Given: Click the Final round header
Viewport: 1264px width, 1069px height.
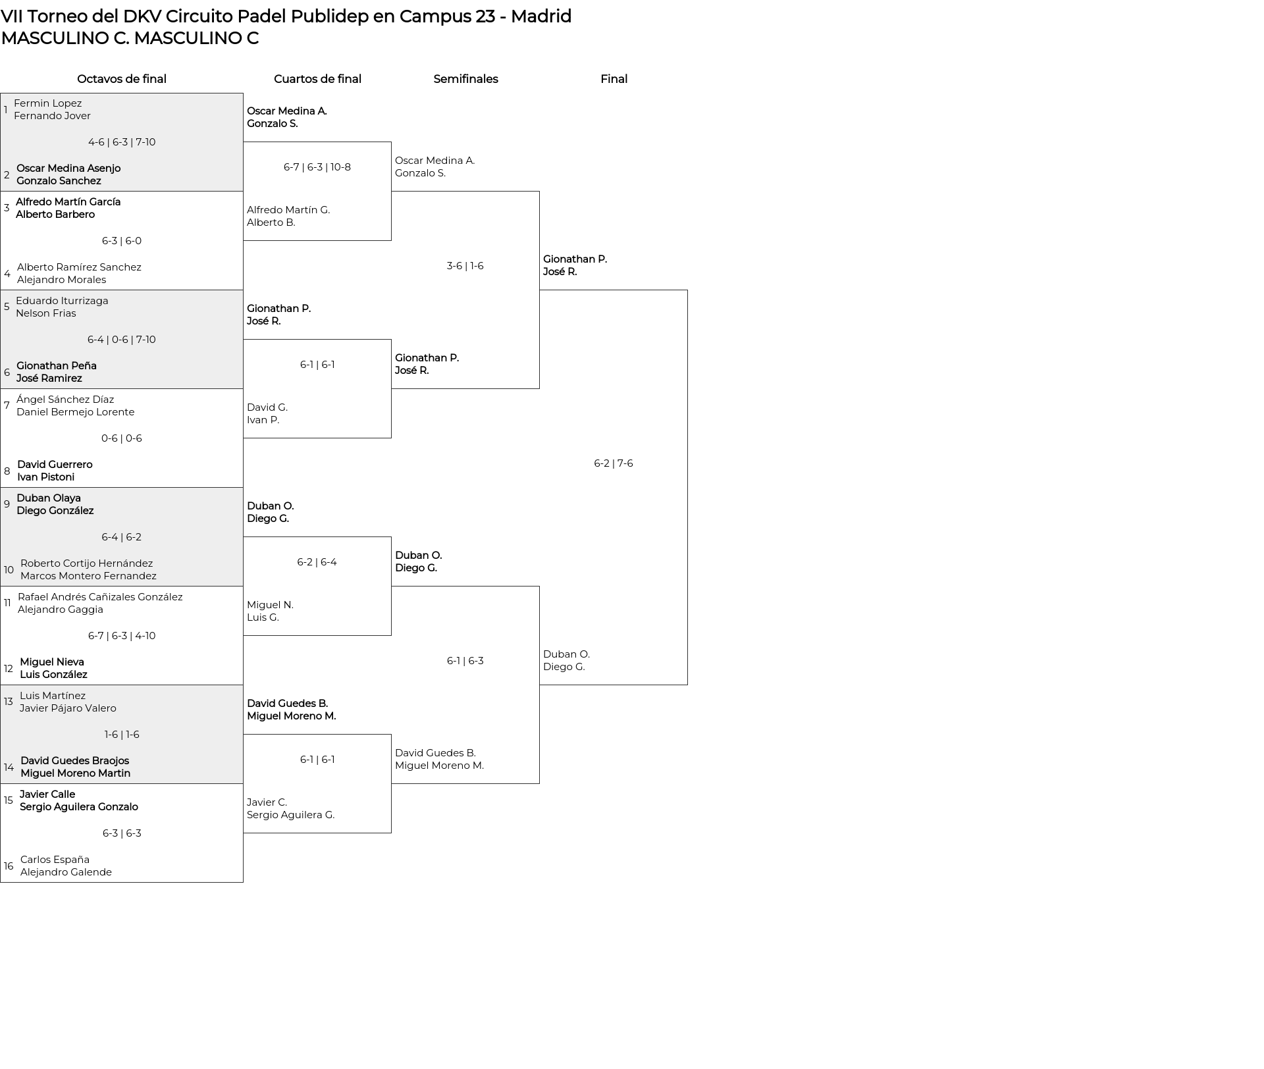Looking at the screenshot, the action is coord(614,79).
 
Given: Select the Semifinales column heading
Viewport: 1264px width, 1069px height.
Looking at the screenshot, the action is coord(465,79).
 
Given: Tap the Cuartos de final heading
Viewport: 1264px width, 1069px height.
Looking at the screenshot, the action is coord(317,79).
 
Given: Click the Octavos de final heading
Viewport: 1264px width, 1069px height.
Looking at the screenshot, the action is coord(122,79).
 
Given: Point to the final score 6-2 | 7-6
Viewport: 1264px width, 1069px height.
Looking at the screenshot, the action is coord(614,463).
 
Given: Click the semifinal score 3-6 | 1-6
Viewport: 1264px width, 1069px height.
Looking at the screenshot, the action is coord(465,266).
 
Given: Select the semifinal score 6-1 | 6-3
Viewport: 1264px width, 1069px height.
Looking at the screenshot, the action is coord(465,661).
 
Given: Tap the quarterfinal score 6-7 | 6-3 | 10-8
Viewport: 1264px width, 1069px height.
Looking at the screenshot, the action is coord(317,167).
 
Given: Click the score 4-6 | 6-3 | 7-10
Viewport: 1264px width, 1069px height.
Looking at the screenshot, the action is coord(122,142).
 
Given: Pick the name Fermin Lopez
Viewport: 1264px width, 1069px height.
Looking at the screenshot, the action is coord(48,103).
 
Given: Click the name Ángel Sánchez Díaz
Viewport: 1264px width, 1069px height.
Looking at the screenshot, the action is coord(65,400).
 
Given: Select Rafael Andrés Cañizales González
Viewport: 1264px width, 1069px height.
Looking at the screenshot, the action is coord(100,597).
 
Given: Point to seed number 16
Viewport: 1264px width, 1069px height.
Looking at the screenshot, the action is coord(9,866).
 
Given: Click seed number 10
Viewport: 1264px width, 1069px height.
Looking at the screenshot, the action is coord(9,570).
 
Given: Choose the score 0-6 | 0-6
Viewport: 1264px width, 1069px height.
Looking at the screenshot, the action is coord(122,438).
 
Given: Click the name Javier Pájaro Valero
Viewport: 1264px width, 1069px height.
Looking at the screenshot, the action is coord(68,708).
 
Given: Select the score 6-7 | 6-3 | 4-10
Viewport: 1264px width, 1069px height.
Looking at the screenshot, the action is coord(122,636).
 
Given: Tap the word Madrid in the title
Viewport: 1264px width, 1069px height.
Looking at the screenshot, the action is coord(541,16).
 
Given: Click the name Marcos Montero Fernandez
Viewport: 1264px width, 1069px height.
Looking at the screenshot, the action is coord(88,576).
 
